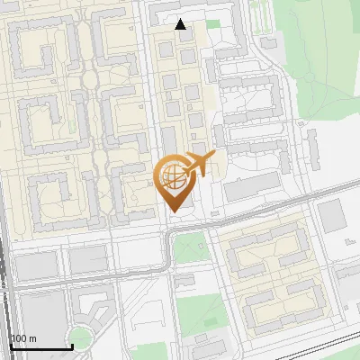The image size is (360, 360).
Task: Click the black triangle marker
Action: click(181, 24)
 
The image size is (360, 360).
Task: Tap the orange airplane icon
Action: click(199, 164)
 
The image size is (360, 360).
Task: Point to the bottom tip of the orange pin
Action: click(175, 211)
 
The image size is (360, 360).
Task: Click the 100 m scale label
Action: click(23, 338)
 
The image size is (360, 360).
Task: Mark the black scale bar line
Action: click(40, 347)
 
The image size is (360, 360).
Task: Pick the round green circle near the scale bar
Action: click(80, 338)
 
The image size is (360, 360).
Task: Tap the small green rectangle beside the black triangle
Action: click(212, 23)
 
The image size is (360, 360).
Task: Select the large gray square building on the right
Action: click(332, 216)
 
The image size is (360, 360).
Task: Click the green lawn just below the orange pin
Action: click(188, 247)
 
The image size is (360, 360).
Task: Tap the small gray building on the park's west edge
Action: click(269, 42)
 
